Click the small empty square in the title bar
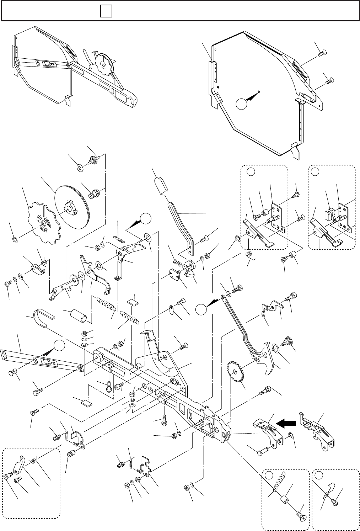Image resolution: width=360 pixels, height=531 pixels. (x=106, y=12)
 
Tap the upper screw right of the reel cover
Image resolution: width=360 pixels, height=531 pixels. (x=322, y=53)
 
